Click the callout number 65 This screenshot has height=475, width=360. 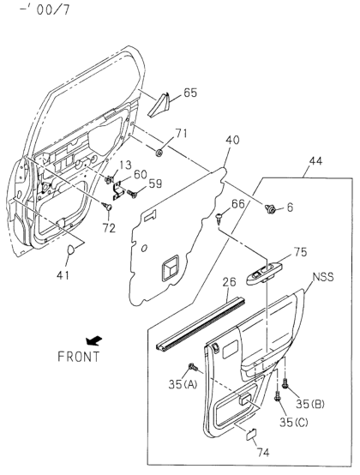pyautogui.click(x=190, y=93)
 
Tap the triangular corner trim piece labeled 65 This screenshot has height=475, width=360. pyautogui.click(x=159, y=105)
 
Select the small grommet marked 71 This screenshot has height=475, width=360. pyautogui.click(x=159, y=153)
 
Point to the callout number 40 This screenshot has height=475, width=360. pyautogui.click(x=232, y=140)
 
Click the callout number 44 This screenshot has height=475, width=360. pyautogui.click(x=315, y=161)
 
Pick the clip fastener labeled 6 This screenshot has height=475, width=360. pyautogui.click(x=269, y=208)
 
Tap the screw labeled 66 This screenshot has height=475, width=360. pyautogui.click(x=219, y=218)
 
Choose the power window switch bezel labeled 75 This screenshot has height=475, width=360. pyautogui.click(x=264, y=274)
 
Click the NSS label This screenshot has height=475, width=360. pyautogui.click(x=323, y=277)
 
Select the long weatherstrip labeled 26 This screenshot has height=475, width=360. pyautogui.click(x=201, y=325)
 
